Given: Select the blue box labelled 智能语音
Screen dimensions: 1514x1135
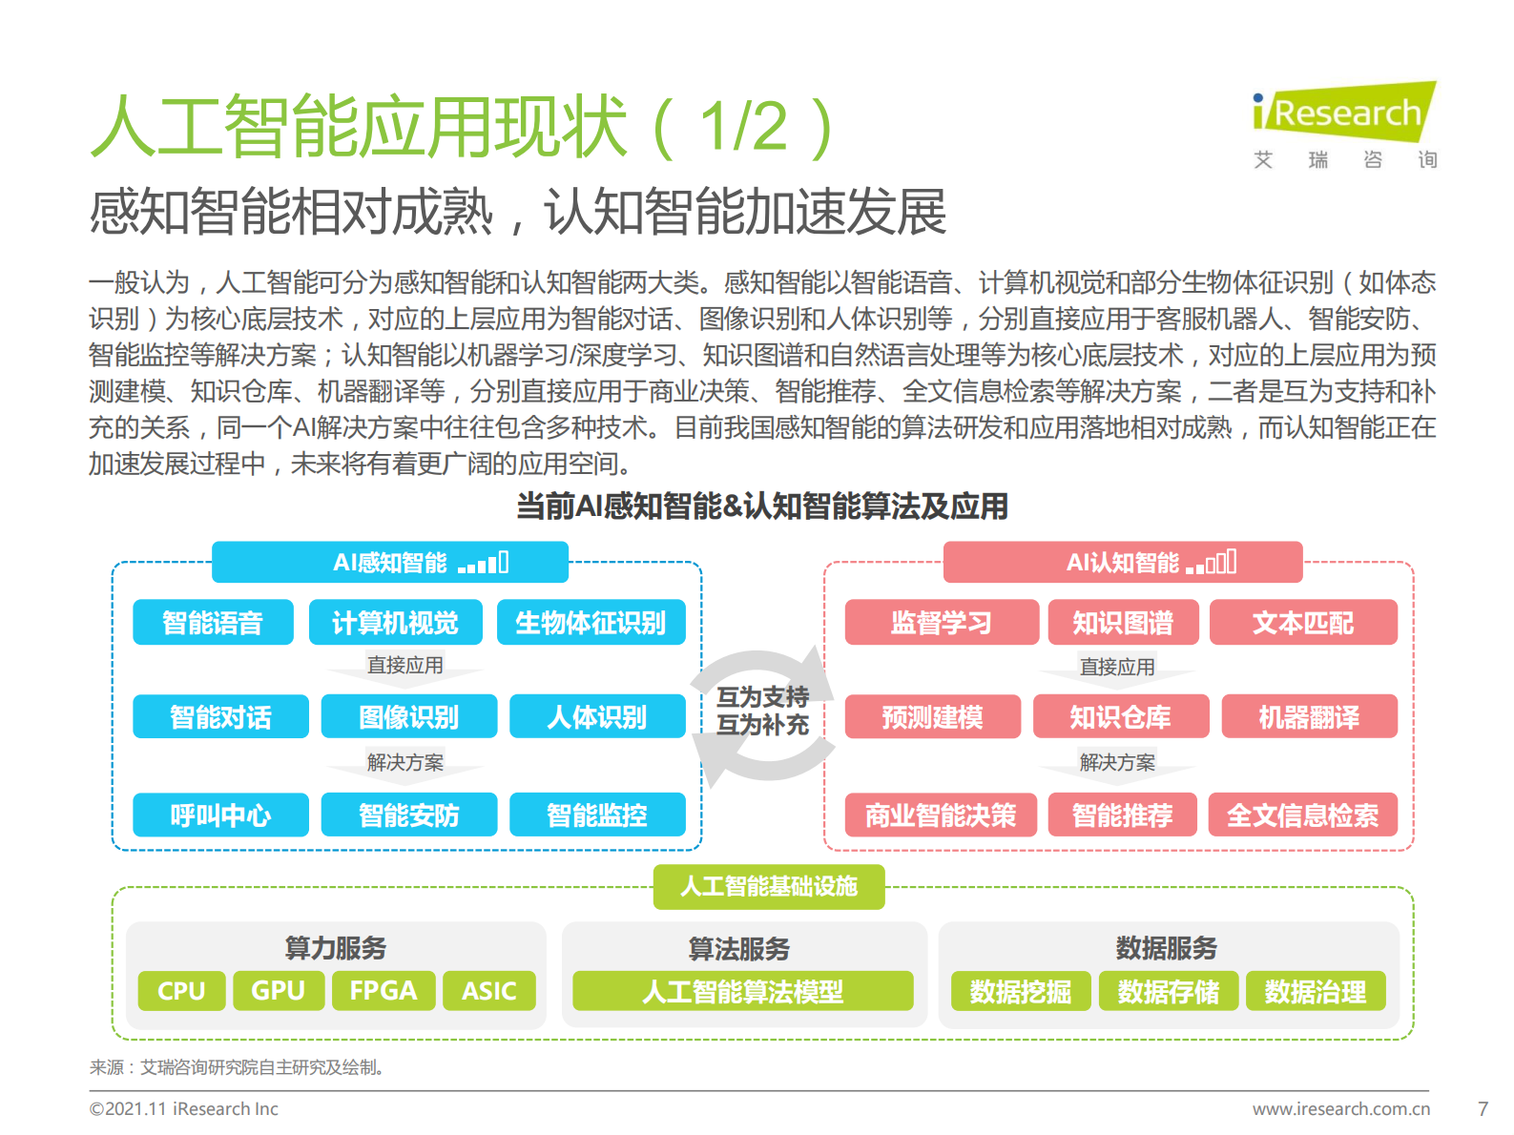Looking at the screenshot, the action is point(213,623).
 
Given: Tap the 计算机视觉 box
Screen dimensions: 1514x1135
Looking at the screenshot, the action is point(395,623).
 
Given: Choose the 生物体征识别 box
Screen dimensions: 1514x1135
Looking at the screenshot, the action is point(591,623).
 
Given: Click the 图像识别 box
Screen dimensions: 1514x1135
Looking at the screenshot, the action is point(408,717).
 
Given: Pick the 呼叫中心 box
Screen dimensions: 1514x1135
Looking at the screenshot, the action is point(220,815).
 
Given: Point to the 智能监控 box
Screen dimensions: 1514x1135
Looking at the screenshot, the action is point(597,815).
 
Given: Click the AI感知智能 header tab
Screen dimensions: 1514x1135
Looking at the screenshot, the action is point(389,563).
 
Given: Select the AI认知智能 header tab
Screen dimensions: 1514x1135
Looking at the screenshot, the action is point(1122,563).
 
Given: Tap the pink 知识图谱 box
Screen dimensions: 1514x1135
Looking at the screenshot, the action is point(1123,623).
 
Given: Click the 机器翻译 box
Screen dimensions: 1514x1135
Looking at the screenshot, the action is point(1309,717).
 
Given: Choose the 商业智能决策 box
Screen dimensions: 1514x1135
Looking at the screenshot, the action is point(941,815).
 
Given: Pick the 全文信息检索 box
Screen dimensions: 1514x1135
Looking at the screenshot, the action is point(1302,815).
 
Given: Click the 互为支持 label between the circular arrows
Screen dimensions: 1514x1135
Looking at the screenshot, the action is point(762,697).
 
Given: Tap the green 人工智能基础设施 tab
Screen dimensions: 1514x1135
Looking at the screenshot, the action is point(769,887).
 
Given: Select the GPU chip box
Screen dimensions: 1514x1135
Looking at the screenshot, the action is point(278,991).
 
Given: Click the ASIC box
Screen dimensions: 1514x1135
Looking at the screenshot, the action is point(488,991).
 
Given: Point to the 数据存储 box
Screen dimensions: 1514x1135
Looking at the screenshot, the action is point(1168,992).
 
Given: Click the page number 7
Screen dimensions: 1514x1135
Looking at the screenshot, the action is point(1483,1109).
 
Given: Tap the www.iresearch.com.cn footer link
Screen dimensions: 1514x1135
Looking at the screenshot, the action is point(1340,1109).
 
